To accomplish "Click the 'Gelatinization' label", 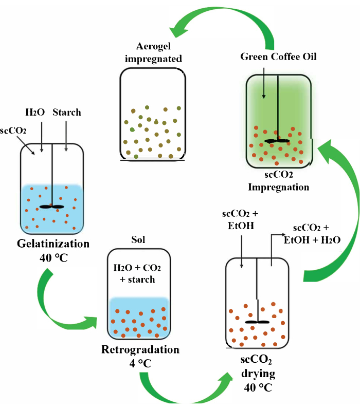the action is tap(53, 244).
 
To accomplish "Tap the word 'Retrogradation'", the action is tap(140, 349).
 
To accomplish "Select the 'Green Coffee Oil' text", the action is tap(278, 57).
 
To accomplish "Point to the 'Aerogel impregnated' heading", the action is tap(153, 52).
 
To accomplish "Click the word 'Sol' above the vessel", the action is tap(138, 239).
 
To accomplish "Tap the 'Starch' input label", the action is tap(67, 112).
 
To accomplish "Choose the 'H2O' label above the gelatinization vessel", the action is tap(35, 112).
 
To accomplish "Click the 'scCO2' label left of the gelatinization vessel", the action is tap(13, 131).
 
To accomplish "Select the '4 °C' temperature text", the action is tap(140, 363).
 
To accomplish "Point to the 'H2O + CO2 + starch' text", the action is tap(137, 274).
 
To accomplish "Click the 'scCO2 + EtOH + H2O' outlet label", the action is tap(312, 234).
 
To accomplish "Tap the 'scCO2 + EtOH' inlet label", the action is tap(241, 219).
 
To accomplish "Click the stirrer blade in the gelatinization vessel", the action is tap(52, 207).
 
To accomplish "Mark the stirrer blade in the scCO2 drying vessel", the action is tap(258, 322).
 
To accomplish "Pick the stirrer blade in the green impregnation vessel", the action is tap(277, 141).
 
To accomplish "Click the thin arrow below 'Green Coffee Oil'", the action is tap(264, 83).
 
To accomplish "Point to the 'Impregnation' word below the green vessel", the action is tap(279, 187).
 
